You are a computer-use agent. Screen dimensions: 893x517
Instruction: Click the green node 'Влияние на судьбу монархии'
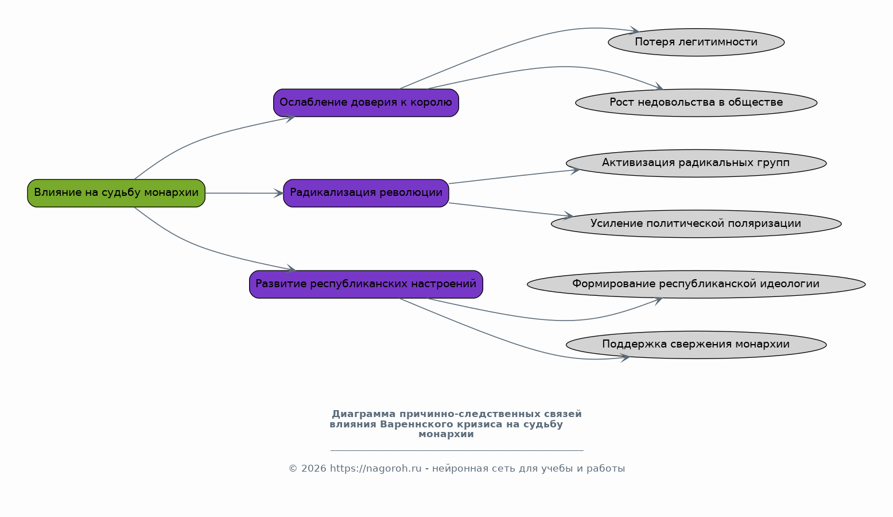(x=116, y=193)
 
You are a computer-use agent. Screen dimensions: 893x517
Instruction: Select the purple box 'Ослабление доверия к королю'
(x=366, y=103)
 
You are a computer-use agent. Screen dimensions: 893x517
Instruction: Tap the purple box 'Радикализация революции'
(x=366, y=193)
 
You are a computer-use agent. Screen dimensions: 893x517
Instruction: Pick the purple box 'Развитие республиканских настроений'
(x=366, y=284)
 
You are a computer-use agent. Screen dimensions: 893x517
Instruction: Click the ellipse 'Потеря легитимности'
(x=696, y=43)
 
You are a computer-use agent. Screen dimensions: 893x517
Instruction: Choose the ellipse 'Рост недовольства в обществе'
(x=696, y=103)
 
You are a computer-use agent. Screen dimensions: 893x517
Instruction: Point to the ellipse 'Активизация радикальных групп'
(x=696, y=163)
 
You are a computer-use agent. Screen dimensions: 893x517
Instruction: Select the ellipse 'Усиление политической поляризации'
(x=696, y=224)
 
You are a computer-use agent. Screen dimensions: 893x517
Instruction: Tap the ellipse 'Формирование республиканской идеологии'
(x=696, y=284)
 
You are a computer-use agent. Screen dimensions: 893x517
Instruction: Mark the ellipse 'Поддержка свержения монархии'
(x=696, y=345)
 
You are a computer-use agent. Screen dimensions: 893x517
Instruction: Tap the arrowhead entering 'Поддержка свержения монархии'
(x=625, y=358)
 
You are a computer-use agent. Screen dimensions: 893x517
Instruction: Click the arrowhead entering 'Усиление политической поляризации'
(x=568, y=215)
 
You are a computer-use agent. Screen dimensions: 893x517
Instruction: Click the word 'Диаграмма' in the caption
(x=364, y=414)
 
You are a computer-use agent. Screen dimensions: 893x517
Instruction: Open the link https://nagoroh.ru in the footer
(x=375, y=469)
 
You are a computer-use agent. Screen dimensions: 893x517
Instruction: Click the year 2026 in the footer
(x=314, y=469)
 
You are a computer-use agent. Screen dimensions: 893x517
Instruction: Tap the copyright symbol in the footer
(x=293, y=469)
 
